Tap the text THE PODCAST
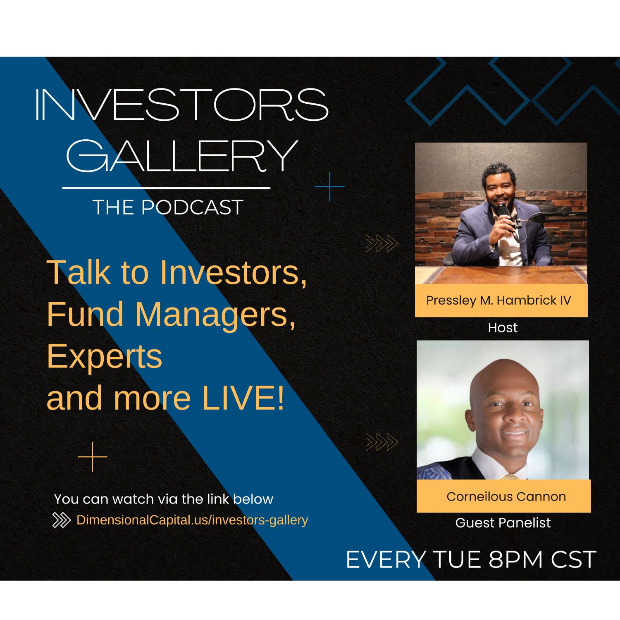pyautogui.click(x=168, y=207)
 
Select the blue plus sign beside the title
pyautogui.click(x=329, y=187)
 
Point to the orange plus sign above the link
pyautogui.click(x=93, y=457)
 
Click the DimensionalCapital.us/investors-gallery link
pyautogui.click(x=192, y=520)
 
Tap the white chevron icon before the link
pyautogui.click(x=62, y=520)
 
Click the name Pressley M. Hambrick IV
pyautogui.click(x=498, y=300)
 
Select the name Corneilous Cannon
pyautogui.click(x=506, y=496)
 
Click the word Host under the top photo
pyautogui.click(x=503, y=328)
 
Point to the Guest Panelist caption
pyautogui.click(x=503, y=523)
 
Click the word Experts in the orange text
pyautogui.click(x=104, y=356)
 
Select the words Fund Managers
pyautogui.click(x=170, y=314)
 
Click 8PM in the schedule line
pyautogui.click(x=515, y=560)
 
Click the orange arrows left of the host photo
pyautogui.click(x=382, y=243)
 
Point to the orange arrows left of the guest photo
pyautogui.click(x=382, y=443)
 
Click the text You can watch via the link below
pyautogui.click(x=164, y=499)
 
